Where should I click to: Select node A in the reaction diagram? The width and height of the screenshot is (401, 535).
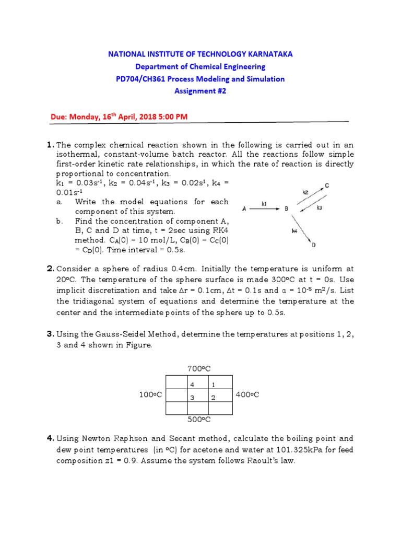click(244, 209)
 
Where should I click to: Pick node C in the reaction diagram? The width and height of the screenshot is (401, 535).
click(326, 185)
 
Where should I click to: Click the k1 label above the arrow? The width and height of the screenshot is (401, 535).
click(264, 204)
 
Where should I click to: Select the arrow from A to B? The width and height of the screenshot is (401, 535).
click(265, 209)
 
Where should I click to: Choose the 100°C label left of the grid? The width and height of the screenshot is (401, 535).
click(149, 394)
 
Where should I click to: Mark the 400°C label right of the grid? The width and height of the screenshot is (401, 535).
click(247, 394)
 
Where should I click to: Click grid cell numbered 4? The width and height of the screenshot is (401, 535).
click(192, 385)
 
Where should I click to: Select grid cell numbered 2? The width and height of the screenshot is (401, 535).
click(213, 398)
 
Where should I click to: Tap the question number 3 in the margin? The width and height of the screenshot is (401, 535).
click(50, 333)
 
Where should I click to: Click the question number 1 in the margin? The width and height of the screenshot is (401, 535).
click(50, 144)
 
